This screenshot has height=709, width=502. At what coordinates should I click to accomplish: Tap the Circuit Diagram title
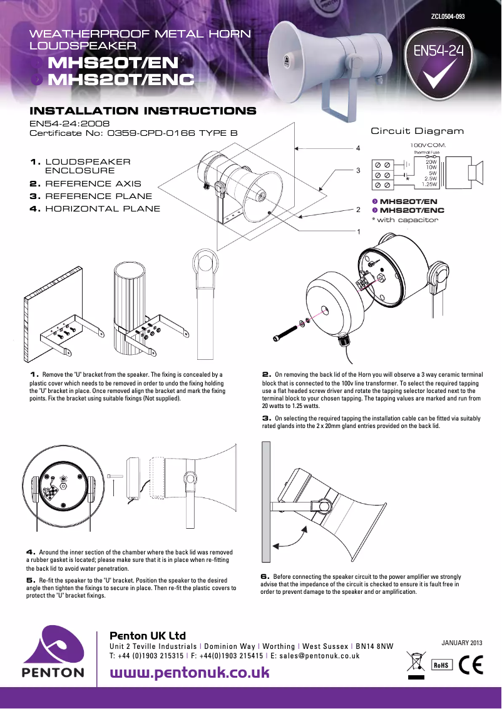pos(417,131)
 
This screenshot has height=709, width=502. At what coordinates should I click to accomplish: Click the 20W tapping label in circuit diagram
pos(431,161)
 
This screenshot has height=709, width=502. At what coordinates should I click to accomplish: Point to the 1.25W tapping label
pos(429,184)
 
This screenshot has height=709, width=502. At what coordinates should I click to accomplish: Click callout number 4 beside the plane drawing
pos(358,148)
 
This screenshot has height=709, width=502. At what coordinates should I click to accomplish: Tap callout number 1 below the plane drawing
pos(358,232)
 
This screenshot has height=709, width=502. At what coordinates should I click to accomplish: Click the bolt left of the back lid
pos(285,333)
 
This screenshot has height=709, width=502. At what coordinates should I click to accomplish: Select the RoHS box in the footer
pos(441,665)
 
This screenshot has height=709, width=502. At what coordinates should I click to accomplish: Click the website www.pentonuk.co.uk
pos(190,673)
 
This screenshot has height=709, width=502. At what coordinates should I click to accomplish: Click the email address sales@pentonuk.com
pos(319,656)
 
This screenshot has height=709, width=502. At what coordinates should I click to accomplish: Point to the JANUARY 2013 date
pos(462,643)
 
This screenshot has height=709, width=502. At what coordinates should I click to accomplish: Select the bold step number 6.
pos(265,576)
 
